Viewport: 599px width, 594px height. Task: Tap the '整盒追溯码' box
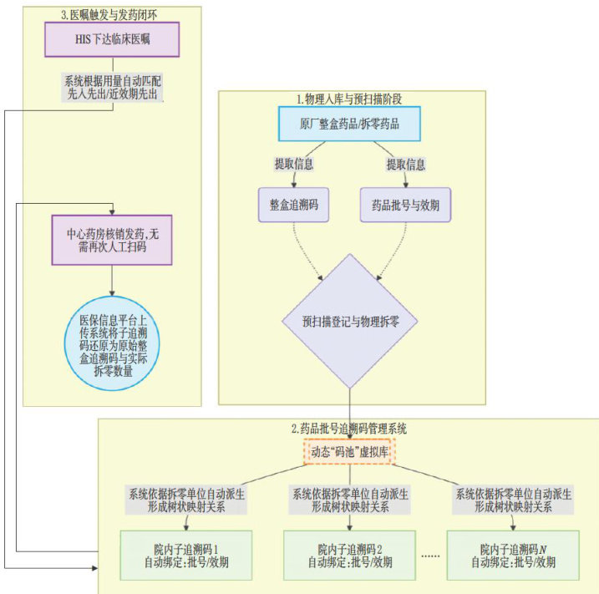pyautogui.click(x=296, y=204)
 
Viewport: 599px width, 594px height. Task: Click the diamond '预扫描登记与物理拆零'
pyautogui.click(x=349, y=319)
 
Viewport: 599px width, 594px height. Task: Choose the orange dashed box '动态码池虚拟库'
pyautogui.click(x=348, y=451)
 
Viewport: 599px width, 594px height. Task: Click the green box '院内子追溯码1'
pyautogui.click(x=185, y=555)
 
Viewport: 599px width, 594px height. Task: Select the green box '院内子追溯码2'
pyautogui.click(x=349, y=555)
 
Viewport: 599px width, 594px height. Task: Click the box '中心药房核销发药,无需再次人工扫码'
pyautogui.click(x=112, y=240)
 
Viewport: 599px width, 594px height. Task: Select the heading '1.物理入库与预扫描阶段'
pyautogui.click(x=348, y=98)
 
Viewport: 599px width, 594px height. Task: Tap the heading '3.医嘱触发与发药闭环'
pyautogui.click(x=111, y=13)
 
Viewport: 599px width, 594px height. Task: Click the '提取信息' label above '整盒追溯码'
pyautogui.click(x=294, y=163)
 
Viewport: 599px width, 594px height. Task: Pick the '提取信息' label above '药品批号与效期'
pyautogui.click(x=405, y=163)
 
